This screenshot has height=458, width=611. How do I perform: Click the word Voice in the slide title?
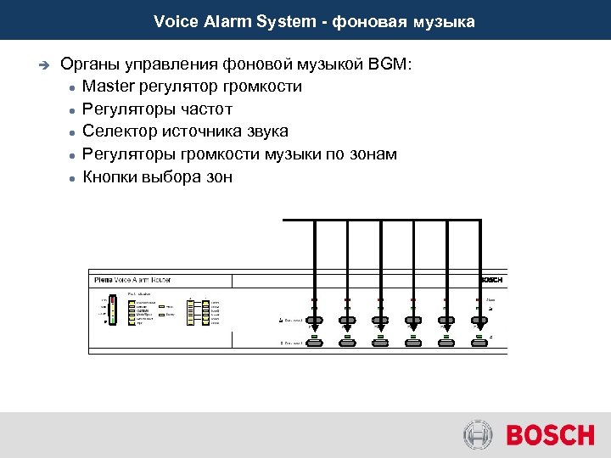(175, 21)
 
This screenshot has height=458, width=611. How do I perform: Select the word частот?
(205, 109)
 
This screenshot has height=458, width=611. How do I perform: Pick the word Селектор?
(118, 131)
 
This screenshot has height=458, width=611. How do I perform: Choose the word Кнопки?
(111, 176)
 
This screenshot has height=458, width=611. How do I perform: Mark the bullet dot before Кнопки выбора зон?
(74, 178)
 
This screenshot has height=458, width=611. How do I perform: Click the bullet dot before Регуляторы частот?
(74, 110)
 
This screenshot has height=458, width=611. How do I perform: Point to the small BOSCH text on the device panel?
(491, 280)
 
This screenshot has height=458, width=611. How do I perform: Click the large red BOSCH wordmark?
(550, 436)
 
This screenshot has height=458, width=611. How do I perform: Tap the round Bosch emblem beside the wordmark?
(478, 436)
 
